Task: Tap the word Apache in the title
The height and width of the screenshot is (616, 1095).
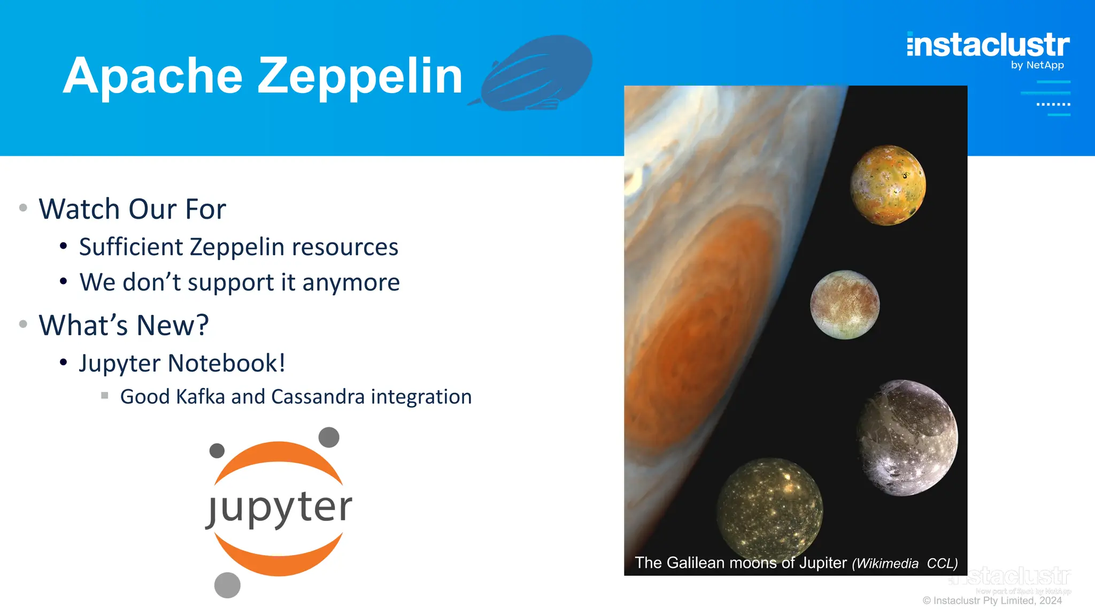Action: (153, 76)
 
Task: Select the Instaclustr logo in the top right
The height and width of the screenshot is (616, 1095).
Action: (988, 45)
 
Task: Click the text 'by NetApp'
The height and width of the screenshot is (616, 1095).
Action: (1037, 65)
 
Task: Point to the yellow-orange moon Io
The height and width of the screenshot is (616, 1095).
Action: (888, 185)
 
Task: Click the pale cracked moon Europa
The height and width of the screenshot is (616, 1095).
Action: (845, 304)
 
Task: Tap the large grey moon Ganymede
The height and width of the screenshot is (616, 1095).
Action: (907, 437)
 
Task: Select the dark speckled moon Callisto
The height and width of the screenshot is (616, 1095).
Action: (769, 507)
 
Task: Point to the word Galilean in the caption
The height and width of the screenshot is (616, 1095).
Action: (695, 563)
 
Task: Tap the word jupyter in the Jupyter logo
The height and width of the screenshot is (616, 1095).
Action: (279, 507)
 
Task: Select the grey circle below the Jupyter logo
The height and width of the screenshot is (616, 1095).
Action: (227, 585)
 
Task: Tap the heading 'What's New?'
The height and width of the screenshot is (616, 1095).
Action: (124, 325)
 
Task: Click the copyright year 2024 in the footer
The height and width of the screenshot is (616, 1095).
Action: (1050, 600)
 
